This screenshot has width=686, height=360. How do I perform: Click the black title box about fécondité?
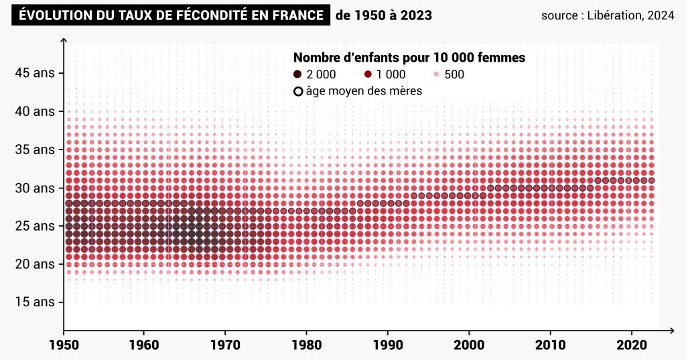pos(171,15)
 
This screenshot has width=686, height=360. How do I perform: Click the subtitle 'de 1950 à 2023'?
pos(383,15)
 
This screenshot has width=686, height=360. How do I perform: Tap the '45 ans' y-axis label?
pos(35,73)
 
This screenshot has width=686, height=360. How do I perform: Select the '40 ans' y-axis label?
pos(35,111)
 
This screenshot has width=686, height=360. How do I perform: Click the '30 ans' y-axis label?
pos(35,188)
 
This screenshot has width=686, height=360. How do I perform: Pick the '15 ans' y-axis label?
pos(35,302)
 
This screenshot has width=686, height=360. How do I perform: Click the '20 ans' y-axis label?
pos(35,264)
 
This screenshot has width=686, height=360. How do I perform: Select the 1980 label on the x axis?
pos(306,345)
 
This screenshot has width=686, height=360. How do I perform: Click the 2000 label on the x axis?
pos(469,345)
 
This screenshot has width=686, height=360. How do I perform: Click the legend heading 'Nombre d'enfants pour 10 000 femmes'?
pos(409,58)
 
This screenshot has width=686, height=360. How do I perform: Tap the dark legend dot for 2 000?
pos(297,74)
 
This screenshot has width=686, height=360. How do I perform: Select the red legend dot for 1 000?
pos(368,74)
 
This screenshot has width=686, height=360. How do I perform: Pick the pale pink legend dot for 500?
pos(436,74)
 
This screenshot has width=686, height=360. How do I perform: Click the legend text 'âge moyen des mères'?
pos(364,91)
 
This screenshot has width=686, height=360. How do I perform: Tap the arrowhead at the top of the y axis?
pos(64,40)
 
